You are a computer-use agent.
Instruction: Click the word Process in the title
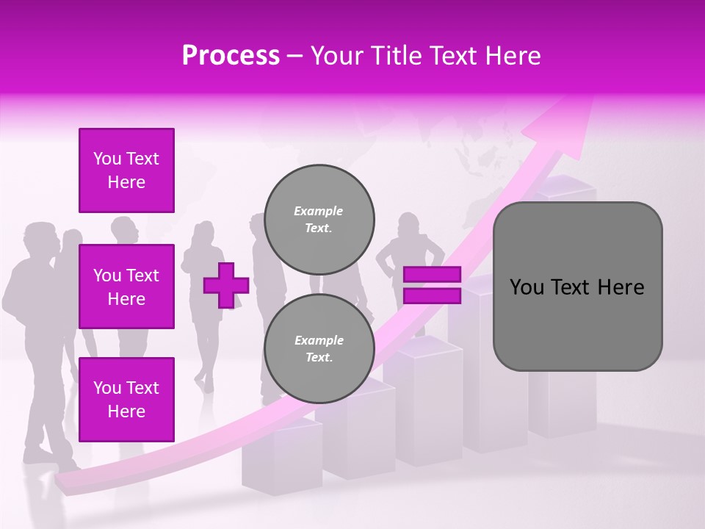click(x=231, y=56)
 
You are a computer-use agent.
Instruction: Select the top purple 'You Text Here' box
click(x=126, y=170)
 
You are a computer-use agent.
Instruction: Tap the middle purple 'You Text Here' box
click(x=126, y=287)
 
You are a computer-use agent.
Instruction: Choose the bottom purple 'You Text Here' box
click(x=126, y=400)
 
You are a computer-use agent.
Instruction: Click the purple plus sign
click(x=226, y=284)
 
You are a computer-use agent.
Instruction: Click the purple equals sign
click(x=432, y=285)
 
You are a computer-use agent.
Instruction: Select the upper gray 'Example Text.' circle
click(x=319, y=220)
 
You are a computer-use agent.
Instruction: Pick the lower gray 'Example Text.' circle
click(x=319, y=349)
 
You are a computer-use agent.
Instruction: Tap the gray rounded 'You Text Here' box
click(x=577, y=287)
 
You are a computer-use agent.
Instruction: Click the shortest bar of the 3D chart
click(x=283, y=456)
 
